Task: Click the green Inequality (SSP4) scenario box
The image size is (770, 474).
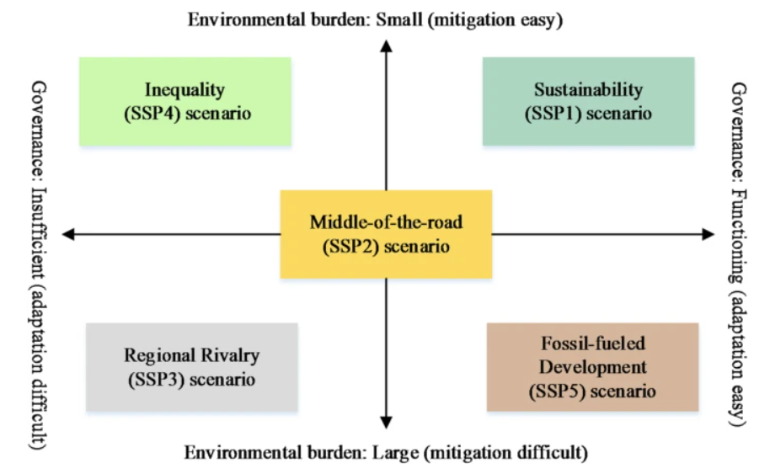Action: coord(184,101)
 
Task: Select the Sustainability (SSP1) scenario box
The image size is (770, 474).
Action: coord(588,101)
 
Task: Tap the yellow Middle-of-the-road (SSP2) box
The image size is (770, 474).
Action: coord(386,234)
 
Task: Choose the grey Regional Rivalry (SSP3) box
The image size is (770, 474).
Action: coord(191,367)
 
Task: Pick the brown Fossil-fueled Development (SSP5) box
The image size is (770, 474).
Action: coord(592,367)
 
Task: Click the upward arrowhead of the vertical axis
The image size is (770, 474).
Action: coord(386,45)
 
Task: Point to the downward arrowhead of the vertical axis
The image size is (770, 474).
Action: coord(386,423)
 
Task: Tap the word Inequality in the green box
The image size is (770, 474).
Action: coord(184,89)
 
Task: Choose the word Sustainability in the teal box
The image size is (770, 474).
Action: coord(588,89)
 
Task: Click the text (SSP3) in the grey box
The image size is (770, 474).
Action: coord(155,379)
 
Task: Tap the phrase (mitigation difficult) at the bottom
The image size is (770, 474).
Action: coord(505,453)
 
